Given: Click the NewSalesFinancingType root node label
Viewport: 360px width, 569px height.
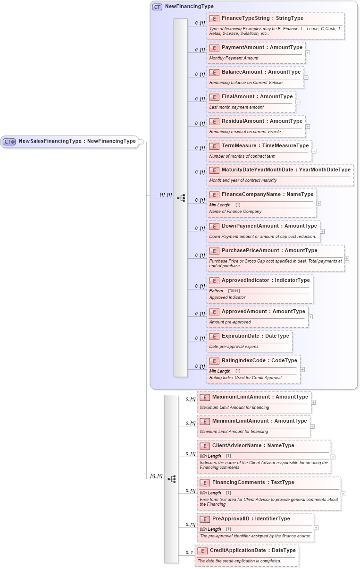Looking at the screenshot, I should pyautogui.click(x=77, y=141).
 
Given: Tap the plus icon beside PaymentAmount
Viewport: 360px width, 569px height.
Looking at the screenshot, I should pyautogui.click(x=308, y=53).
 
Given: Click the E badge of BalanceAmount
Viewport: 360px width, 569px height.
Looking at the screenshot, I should pyautogui.click(x=214, y=72).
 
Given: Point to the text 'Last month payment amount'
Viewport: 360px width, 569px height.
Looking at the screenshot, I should pyautogui.click(x=236, y=107).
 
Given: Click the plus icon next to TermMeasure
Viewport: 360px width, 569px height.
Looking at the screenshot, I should pyautogui.click(x=314, y=151).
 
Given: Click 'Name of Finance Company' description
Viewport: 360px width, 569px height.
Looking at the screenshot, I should pyautogui.click(x=235, y=212).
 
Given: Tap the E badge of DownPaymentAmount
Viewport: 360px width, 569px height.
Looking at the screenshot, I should pyautogui.click(x=214, y=226).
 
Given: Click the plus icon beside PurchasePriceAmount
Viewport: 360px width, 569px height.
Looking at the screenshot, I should pyautogui.click(x=347, y=258).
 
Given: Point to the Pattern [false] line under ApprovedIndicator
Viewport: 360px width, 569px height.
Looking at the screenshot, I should pyautogui.click(x=225, y=290).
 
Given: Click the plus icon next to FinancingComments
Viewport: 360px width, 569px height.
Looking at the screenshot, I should pyautogui.click(x=343, y=493).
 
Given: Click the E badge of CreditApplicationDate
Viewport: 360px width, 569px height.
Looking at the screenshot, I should pyautogui.click(x=202, y=551).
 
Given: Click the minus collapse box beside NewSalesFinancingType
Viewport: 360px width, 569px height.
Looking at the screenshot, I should pyautogui.click(x=141, y=142).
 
